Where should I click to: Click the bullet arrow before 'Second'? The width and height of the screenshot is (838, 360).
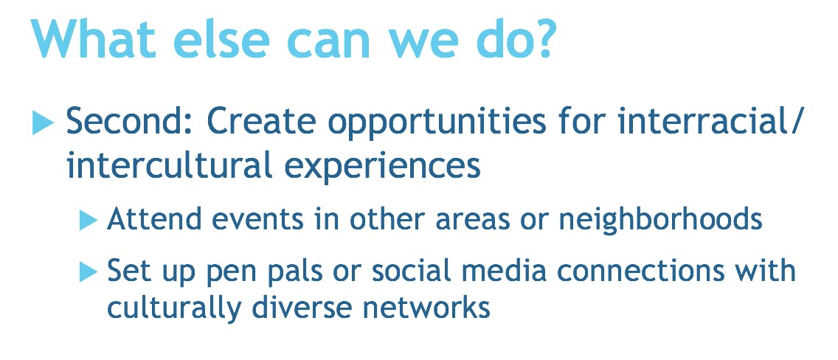[43, 123]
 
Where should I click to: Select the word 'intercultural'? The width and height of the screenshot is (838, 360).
[168, 167]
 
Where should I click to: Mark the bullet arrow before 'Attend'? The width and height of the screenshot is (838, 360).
[89, 220]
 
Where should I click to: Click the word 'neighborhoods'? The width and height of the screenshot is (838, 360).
[660, 219]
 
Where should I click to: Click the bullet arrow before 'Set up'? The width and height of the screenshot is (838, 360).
[89, 272]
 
